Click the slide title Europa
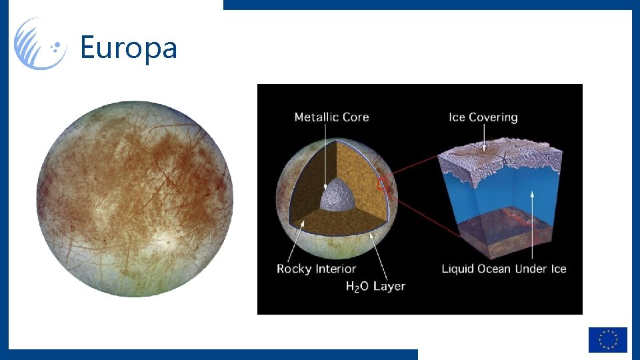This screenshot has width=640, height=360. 128,48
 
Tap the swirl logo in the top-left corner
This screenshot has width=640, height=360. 40,44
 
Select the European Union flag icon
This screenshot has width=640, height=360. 607,339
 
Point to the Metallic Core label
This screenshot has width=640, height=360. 331,117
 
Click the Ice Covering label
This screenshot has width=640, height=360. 483,117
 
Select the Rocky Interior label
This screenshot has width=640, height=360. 316,269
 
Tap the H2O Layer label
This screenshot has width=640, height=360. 375,286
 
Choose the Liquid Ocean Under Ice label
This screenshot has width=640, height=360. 503,269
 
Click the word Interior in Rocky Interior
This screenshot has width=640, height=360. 335,269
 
